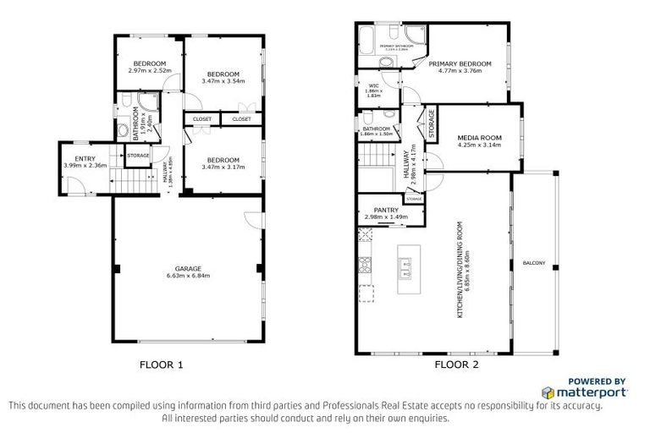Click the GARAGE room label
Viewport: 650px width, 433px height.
[x=188, y=269]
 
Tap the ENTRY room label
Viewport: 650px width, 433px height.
[x=85, y=158]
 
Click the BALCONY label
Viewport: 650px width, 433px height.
[x=534, y=260]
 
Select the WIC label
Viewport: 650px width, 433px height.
[x=373, y=85]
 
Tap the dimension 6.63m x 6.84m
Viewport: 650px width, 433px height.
[x=188, y=277]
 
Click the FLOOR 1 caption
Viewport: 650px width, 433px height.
[x=161, y=366]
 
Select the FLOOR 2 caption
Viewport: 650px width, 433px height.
[x=456, y=366]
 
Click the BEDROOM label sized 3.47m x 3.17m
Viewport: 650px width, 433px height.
[x=223, y=160]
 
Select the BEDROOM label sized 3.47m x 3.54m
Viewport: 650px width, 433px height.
[x=223, y=74]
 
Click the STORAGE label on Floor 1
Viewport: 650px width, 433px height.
[x=138, y=156]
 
